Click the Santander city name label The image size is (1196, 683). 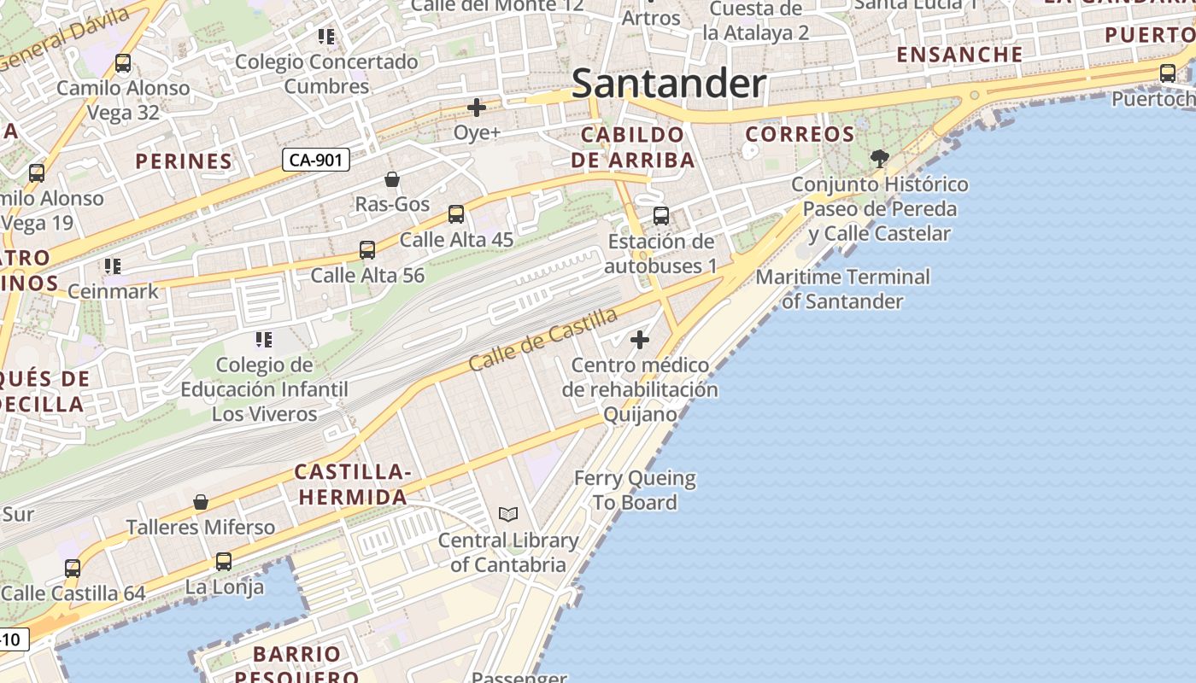coord(669,84)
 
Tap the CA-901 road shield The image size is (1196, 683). coord(316,160)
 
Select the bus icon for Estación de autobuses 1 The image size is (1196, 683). coord(660,216)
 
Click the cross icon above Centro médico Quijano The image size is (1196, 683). coord(639,340)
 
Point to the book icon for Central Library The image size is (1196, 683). coord(508,514)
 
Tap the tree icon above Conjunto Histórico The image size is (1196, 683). coord(879,158)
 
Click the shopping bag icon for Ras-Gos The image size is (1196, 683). coord(392,179)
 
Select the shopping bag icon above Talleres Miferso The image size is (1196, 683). coord(201,502)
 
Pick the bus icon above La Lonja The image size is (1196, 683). coord(224,562)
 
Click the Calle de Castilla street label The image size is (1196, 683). coord(542,340)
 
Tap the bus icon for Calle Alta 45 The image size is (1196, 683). coord(456,214)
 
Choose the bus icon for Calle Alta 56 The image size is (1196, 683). coord(367,250)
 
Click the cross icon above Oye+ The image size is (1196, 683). coord(477,108)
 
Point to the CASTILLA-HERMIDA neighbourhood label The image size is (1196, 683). coord(351,484)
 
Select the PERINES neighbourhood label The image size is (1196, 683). coord(184,161)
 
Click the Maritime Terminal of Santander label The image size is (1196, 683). coord(842,289)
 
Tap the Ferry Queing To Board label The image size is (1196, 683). coord(635,490)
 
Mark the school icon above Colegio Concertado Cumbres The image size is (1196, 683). coord(325,37)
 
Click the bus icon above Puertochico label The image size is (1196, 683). coord(1168,73)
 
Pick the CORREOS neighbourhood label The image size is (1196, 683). coord(800,134)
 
